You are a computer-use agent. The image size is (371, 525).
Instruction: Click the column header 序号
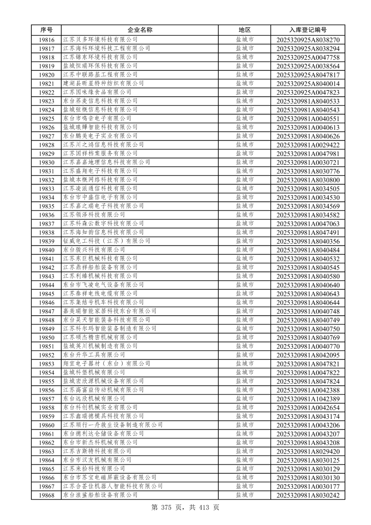pos(46,30)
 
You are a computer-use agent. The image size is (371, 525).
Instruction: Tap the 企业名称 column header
pos(140,30)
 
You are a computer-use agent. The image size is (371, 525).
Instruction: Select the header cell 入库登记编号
pos(308,30)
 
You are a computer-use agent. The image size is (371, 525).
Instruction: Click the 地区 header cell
pos(245,30)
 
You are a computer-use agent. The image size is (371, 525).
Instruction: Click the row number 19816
pos(46,40)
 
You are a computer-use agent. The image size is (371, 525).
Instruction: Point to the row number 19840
pos(46,250)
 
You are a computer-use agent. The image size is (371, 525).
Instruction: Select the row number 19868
pos(46,495)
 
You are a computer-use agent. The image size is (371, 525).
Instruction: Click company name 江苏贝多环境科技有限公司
pos(100,40)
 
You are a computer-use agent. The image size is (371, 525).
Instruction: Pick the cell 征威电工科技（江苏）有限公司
pos(106,241)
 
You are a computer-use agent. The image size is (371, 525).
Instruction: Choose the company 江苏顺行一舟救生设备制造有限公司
pos(113,425)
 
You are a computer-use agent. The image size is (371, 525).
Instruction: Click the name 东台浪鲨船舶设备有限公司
pos(100,495)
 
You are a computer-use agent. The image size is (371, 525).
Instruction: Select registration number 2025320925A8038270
pos(308,40)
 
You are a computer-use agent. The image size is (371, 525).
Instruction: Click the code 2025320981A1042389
pos(308,399)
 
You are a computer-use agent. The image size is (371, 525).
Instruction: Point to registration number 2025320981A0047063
pos(308,224)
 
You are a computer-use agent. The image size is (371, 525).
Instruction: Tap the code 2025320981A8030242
pos(308,495)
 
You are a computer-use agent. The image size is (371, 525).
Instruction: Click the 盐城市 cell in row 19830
pos(245,162)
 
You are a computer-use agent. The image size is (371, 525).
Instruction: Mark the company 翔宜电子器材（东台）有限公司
pos(106,363)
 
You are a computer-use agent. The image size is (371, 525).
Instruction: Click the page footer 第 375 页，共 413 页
pos(185,507)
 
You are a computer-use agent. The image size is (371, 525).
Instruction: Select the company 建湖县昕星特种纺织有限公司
pos(103,83)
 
